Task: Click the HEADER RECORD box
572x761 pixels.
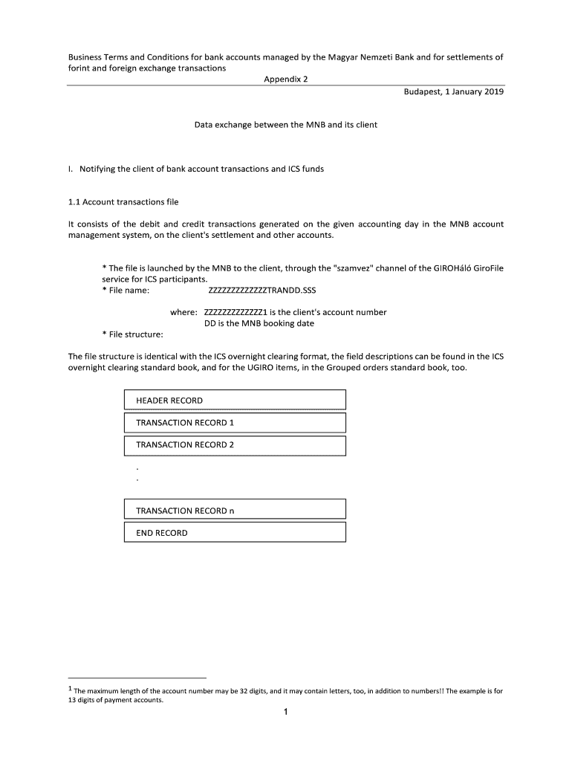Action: pos(234,401)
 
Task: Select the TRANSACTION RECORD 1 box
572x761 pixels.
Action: pos(234,423)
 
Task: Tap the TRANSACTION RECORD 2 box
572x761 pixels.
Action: pos(234,444)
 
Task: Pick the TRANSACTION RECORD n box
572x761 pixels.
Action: pos(234,511)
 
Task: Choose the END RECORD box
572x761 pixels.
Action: pos(234,533)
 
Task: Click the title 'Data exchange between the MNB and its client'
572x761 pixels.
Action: pos(286,125)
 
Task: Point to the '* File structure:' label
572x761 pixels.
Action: pos(132,334)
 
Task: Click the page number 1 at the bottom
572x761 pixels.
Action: pos(285,713)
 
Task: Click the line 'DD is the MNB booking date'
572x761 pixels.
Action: pos(259,323)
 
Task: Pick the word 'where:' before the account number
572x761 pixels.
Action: pos(183,312)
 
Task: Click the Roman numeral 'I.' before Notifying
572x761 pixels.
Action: pos(70,169)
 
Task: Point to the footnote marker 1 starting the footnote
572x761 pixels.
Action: pos(70,690)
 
